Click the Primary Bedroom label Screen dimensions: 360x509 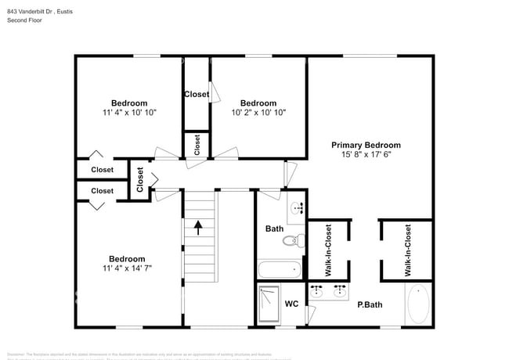pos(366,145)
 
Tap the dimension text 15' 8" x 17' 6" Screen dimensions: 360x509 pos(366,155)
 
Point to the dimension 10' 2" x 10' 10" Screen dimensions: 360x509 pos(258,113)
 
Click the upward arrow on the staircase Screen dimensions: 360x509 pos(198,228)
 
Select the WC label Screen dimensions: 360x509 pos(291,304)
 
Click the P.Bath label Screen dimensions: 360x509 pos(369,304)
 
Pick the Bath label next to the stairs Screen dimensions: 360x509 pos(274,229)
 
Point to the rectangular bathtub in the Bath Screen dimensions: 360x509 pos(279,270)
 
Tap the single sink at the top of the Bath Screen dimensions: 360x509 pos(296,208)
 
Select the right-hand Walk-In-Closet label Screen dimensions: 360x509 pos(408,250)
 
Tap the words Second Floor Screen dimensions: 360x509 pos(24,20)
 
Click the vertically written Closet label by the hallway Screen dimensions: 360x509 pos(140,179)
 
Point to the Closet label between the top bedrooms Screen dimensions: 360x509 pos(197,95)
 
